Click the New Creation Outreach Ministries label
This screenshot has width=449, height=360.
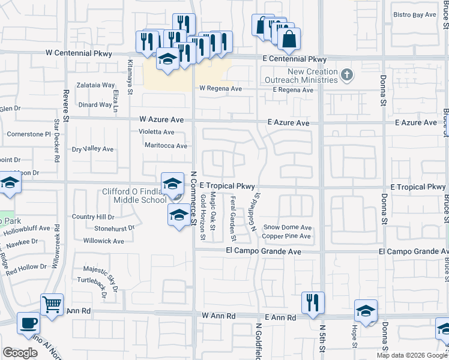[x=304, y=76]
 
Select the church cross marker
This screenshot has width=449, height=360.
[x=346, y=75]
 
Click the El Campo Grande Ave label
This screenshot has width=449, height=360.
[x=264, y=252]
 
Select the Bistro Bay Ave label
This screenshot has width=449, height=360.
[x=414, y=15]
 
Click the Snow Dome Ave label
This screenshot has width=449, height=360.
[x=288, y=228]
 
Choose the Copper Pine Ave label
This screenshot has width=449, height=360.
[x=286, y=236]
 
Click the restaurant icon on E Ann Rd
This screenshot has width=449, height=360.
[x=313, y=302]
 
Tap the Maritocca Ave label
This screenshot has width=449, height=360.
[x=166, y=145]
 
